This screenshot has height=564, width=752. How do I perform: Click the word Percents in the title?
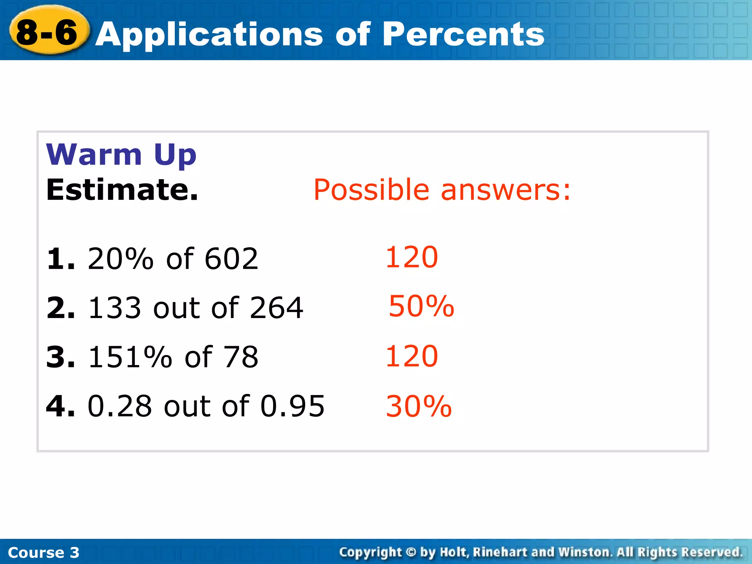[463, 34]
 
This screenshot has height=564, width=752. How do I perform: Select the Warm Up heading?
[121, 155]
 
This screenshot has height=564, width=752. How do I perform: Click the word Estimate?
[122, 190]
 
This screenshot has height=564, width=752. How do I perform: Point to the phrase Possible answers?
[442, 190]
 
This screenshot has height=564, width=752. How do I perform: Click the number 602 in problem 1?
[231, 259]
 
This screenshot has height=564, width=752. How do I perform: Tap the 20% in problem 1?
[120, 259]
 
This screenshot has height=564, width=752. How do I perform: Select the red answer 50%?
[421, 306]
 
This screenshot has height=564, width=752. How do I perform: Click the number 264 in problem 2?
[276, 308]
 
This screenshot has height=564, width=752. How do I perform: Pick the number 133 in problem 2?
[115, 308]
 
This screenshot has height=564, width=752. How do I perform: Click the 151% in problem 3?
[130, 357]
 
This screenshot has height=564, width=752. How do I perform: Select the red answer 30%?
[419, 406]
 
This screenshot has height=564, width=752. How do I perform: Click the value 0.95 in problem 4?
[292, 406]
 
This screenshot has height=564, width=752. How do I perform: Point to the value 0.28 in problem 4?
[120, 406]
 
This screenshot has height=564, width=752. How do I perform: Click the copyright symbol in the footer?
[411, 552]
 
